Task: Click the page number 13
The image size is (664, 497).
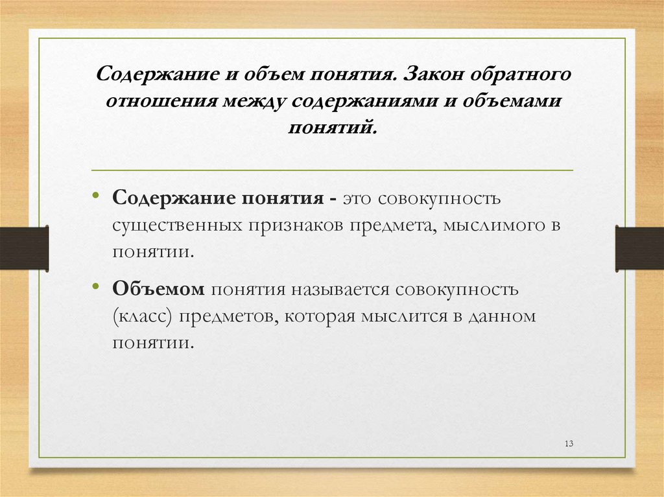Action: (570, 443)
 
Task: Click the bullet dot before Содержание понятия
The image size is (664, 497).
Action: (96, 196)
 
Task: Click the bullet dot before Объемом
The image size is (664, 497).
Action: (96, 287)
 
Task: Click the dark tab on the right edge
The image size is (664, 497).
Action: (639, 248)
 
